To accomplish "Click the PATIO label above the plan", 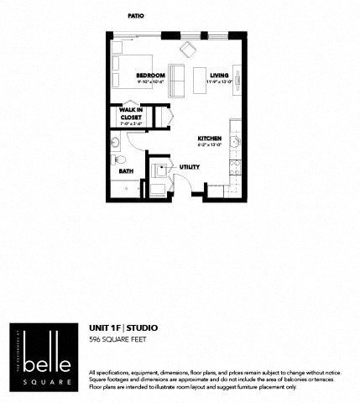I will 135,15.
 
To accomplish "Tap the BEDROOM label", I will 152,76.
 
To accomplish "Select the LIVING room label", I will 219,76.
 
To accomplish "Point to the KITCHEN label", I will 209,139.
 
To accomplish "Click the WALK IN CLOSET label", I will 131,113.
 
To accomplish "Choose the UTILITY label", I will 190,167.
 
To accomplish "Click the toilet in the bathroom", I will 120,159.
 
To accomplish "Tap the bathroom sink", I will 115,143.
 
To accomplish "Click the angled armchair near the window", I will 186,48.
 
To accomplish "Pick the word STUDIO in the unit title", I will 142,327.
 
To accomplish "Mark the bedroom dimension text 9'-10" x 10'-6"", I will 152,82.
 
